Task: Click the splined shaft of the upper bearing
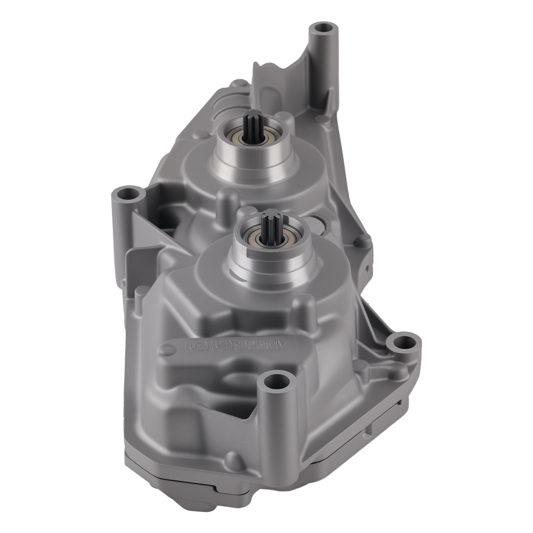251,128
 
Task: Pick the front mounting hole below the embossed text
277,381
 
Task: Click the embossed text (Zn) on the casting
195,346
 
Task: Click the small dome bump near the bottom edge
233,459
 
